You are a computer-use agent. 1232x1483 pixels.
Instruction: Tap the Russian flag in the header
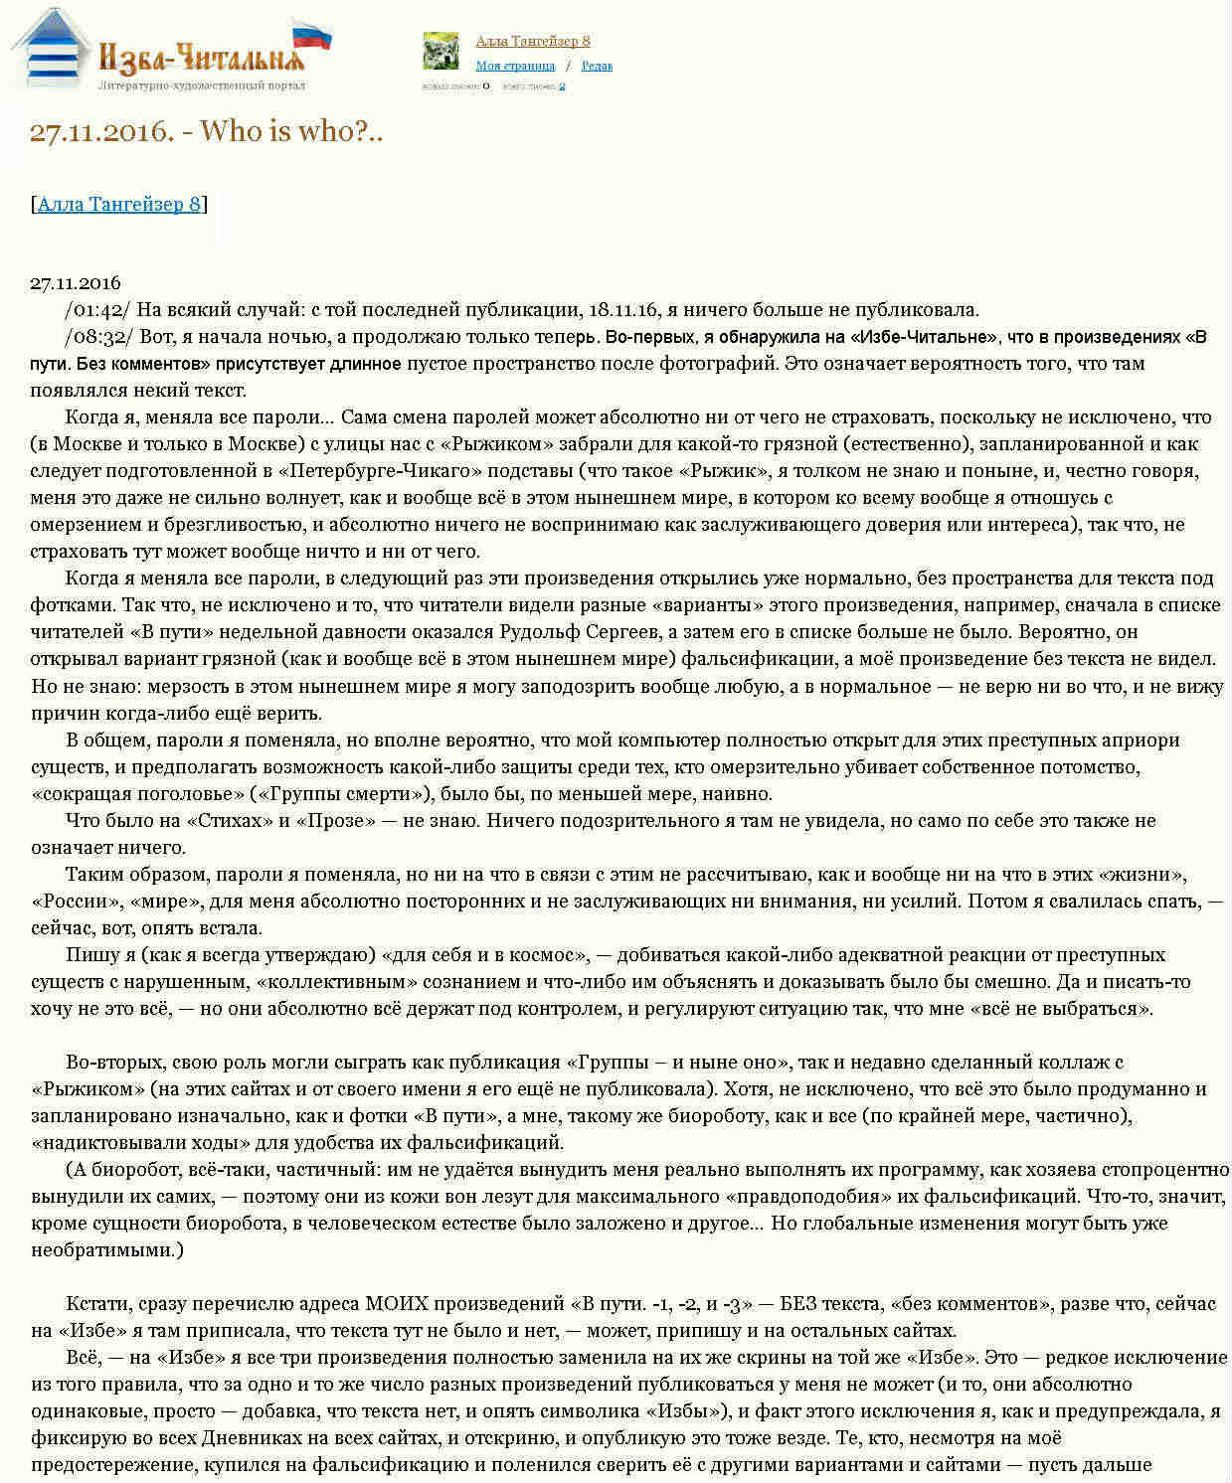(313, 36)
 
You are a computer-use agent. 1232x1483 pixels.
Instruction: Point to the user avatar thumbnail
(440, 51)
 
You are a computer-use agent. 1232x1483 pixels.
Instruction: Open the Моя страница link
(515, 66)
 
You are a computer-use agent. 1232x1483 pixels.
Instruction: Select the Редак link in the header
(597, 66)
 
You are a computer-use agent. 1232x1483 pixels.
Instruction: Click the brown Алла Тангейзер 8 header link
(533, 41)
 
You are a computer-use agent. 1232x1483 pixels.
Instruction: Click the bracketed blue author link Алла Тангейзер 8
(119, 204)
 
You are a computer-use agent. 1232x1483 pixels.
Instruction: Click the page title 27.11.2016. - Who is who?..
(206, 131)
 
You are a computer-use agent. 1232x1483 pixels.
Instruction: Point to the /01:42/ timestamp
(96, 310)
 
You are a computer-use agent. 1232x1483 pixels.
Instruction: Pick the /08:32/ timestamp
(96, 337)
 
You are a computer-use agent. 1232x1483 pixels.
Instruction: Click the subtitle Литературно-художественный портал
(202, 85)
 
